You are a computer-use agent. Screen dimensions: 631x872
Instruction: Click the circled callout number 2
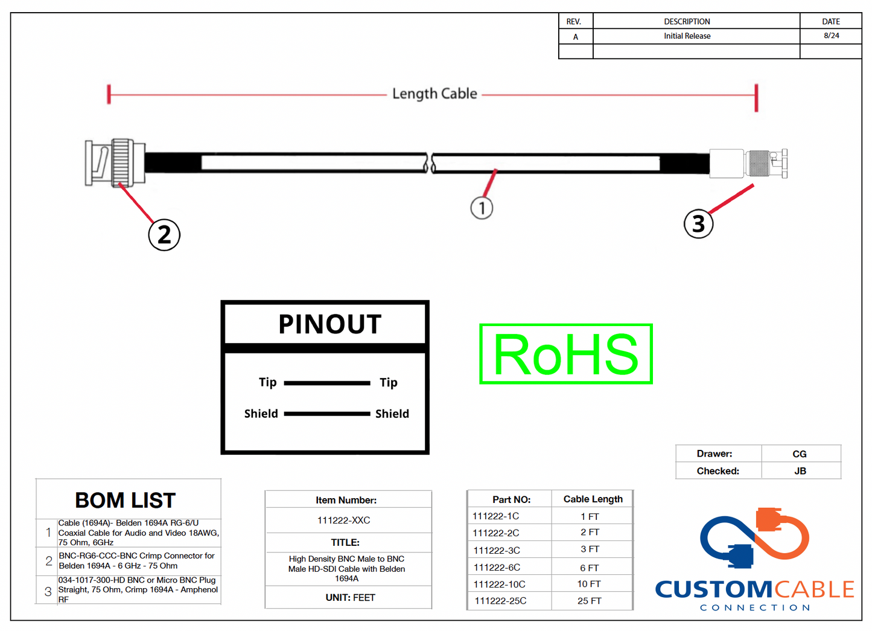(x=164, y=235)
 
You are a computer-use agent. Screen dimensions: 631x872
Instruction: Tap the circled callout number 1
(x=482, y=208)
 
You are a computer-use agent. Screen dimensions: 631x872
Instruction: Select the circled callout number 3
(x=698, y=224)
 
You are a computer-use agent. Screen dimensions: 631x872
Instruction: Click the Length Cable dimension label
(x=434, y=94)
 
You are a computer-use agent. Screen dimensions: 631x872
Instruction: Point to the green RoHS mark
(x=566, y=354)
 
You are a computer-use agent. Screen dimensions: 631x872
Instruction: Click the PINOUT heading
(x=329, y=325)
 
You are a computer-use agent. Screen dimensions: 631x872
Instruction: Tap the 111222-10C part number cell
(x=499, y=585)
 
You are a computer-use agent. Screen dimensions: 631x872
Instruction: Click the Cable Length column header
(x=593, y=499)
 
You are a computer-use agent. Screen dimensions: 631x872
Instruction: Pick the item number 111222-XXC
(x=343, y=520)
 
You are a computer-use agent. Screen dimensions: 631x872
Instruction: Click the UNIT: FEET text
(x=350, y=598)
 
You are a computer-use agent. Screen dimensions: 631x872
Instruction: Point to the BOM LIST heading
(x=125, y=501)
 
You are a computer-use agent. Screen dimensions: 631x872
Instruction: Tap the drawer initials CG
(x=799, y=454)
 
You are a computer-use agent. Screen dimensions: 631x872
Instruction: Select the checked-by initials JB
(x=800, y=471)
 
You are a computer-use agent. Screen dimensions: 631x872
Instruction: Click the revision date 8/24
(x=831, y=36)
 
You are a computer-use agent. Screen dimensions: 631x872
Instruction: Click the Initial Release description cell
(x=687, y=36)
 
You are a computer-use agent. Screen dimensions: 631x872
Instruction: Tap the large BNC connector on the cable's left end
(x=115, y=162)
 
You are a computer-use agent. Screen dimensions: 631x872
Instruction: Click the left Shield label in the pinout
(x=261, y=414)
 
